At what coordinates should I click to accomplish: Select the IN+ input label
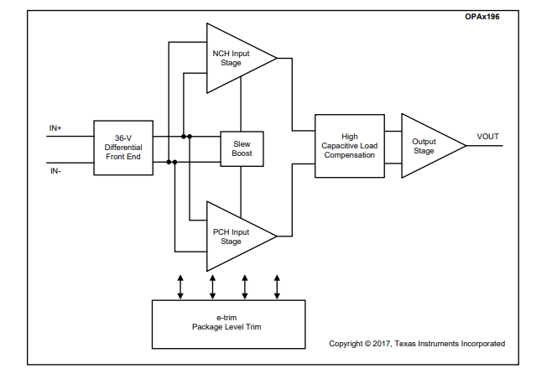tap(56, 128)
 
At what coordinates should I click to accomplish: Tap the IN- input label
tap(55, 170)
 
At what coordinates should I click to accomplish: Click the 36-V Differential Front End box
tap(123, 148)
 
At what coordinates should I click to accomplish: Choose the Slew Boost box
tap(242, 148)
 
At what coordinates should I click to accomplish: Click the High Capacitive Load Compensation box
tap(349, 145)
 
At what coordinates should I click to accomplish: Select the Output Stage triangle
tap(425, 146)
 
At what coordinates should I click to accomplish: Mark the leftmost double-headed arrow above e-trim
tap(180, 285)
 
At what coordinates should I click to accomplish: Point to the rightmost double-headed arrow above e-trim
tap(277, 285)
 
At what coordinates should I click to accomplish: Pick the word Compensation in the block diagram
tap(349, 155)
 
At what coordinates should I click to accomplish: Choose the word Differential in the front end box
tap(123, 148)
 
